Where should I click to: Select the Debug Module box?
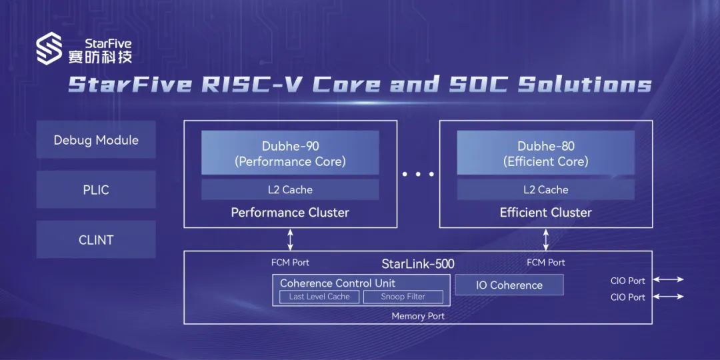(x=96, y=140)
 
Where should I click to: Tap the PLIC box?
(x=96, y=190)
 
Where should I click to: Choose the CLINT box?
(x=96, y=240)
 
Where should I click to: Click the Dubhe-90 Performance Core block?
(x=290, y=154)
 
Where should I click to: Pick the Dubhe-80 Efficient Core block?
(x=545, y=154)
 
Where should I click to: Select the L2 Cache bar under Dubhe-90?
(x=290, y=190)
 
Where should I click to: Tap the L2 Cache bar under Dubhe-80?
(x=545, y=190)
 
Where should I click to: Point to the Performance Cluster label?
(x=290, y=213)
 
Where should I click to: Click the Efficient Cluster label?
(x=545, y=213)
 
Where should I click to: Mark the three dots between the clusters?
(x=418, y=174)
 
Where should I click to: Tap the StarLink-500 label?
(x=418, y=263)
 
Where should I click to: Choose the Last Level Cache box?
(x=319, y=297)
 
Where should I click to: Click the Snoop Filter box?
(x=403, y=297)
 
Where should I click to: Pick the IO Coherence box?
(x=509, y=285)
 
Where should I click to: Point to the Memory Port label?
(x=418, y=316)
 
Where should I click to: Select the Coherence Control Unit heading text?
(x=337, y=283)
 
